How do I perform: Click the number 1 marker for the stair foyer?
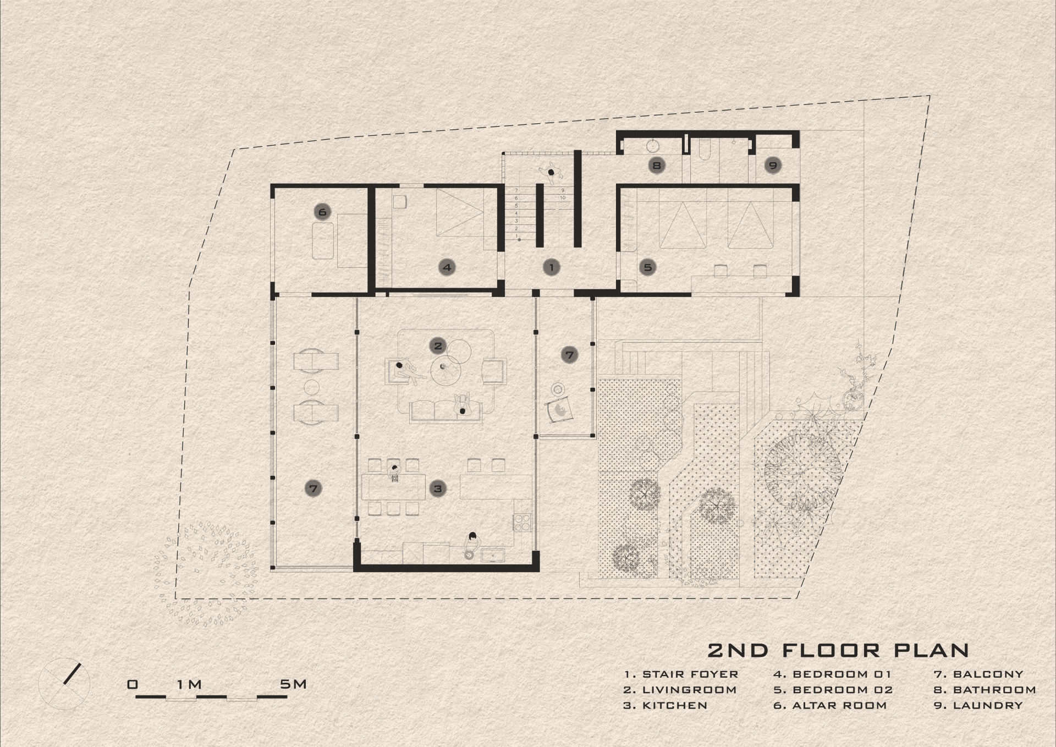tap(551, 267)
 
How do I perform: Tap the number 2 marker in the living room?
tap(438, 345)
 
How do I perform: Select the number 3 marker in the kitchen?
tap(438, 488)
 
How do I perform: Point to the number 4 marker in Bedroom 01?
tap(447, 267)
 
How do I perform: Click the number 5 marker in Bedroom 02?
tap(648, 267)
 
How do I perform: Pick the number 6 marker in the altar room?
tap(322, 212)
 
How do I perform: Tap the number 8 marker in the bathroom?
tap(656, 164)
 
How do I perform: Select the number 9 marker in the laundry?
tap(773, 164)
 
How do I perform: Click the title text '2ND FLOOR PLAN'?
tap(838, 650)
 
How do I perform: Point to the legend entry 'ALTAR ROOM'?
tap(839, 705)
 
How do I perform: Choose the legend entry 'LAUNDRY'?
tap(988, 705)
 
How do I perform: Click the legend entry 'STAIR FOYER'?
tap(690, 674)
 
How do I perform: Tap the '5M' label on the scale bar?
tap(293, 684)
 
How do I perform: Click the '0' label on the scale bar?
tap(133, 685)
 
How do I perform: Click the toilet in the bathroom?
tap(705, 149)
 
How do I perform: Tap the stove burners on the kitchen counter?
tap(522, 522)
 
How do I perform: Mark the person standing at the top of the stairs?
tap(551, 171)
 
